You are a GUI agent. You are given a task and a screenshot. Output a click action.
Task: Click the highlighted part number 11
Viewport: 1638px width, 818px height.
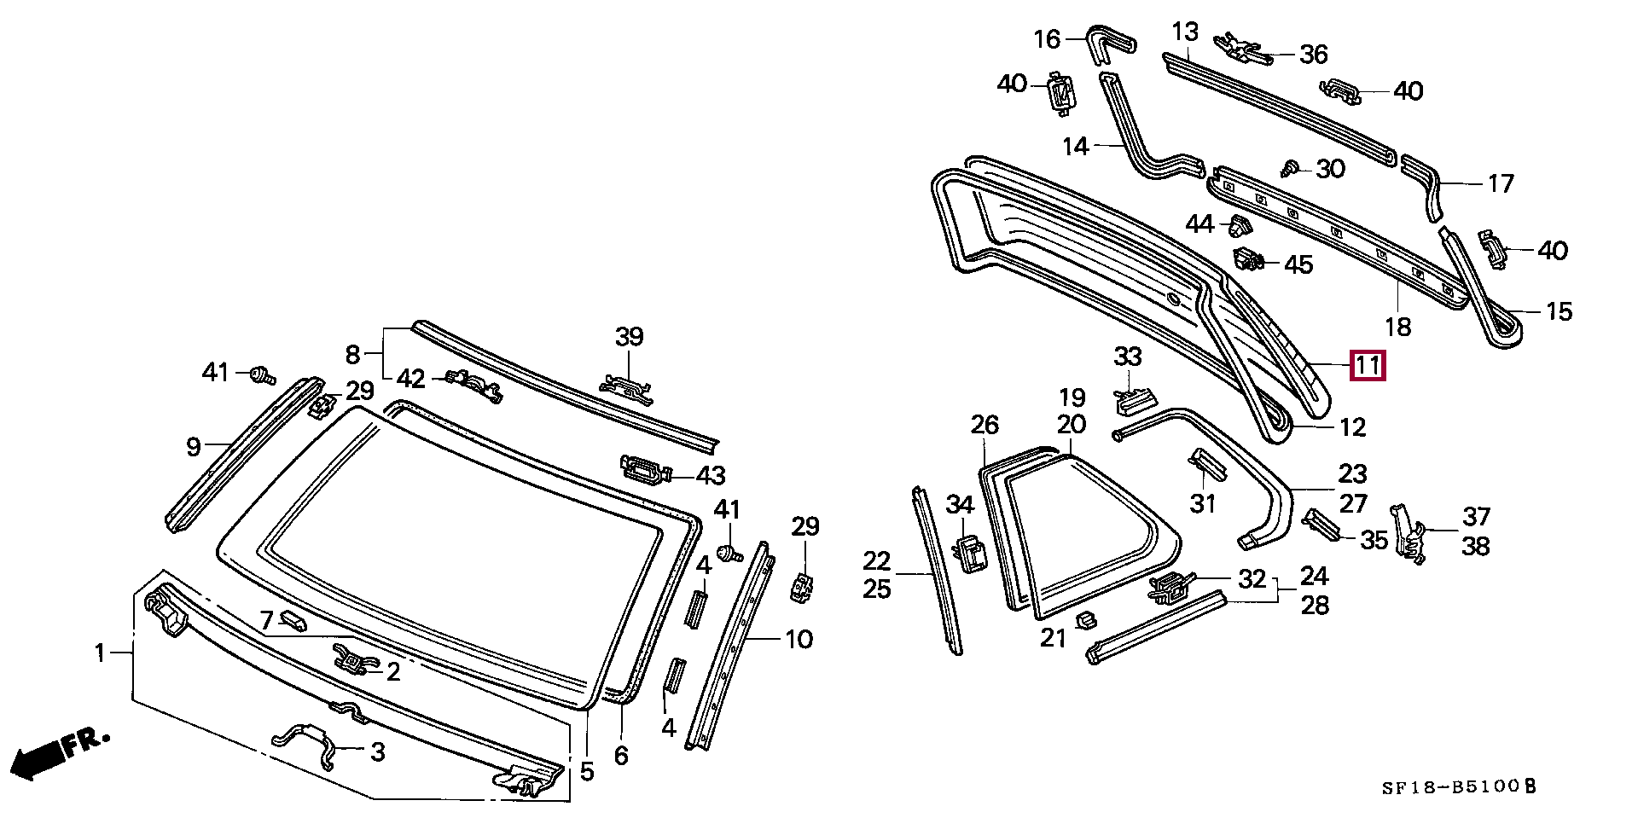pyautogui.click(x=1368, y=367)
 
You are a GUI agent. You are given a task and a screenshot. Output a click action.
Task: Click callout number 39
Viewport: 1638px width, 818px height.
pyautogui.click(x=630, y=337)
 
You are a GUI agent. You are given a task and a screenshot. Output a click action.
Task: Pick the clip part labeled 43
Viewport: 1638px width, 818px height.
pyautogui.click(x=646, y=469)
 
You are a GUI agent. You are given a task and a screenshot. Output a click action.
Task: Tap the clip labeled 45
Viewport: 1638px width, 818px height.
pyautogui.click(x=1249, y=258)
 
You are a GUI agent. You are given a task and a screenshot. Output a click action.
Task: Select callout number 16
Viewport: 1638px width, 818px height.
pyautogui.click(x=1047, y=38)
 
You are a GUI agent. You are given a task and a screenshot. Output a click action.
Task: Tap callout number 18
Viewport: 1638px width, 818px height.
pyautogui.click(x=1398, y=327)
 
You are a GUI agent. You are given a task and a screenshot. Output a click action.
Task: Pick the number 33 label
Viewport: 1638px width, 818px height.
pyautogui.click(x=1128, y=356)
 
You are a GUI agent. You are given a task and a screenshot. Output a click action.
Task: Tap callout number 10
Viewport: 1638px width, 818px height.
pyautogui.click(x=799, y=639)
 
